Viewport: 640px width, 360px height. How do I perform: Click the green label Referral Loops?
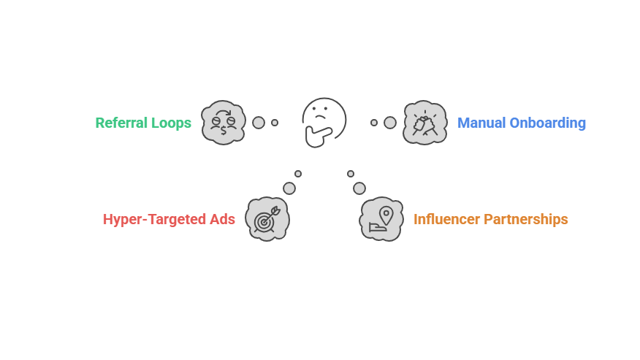tap(143, 123)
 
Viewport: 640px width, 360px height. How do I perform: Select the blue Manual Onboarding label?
tap(521, 123)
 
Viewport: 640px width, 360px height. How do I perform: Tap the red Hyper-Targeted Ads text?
tap(169, 219)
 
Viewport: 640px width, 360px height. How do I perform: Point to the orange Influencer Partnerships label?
tap(490, 219)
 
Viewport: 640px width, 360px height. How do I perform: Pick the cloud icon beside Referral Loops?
tap(223, 122)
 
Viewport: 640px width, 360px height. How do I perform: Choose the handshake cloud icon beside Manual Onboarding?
tap(424, 122)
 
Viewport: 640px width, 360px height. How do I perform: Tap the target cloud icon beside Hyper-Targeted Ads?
tap(267, 218)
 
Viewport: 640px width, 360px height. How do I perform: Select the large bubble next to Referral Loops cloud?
tap(259, 123)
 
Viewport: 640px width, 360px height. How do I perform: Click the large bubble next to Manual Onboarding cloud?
tap(390, 123)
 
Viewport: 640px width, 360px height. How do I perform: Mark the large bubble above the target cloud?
tap(289, 188)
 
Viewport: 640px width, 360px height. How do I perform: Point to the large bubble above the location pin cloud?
tap(359, 188)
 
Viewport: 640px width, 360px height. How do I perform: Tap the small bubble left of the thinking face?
tap(275, 123)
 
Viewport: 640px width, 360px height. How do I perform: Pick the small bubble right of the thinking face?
tap(374, 123)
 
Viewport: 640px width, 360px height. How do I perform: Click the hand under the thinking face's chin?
tap(319, 136)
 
